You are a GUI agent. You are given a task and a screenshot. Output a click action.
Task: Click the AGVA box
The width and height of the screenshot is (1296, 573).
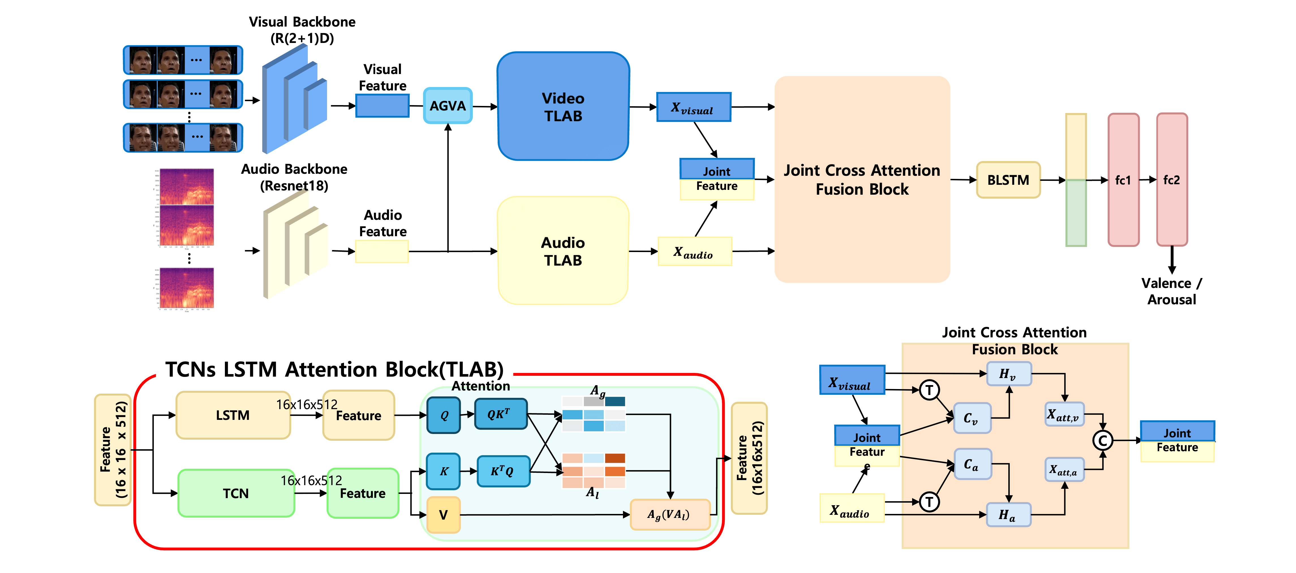(447, 106)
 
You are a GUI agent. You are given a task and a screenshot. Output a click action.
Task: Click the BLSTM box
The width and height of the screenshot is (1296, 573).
(1008, 180)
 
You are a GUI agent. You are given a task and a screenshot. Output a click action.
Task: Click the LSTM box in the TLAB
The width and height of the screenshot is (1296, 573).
(233, 415)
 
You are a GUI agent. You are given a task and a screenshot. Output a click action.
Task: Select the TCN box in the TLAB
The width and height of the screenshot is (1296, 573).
(235, 493)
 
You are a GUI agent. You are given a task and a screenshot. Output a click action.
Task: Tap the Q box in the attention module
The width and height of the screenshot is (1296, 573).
(443, 415)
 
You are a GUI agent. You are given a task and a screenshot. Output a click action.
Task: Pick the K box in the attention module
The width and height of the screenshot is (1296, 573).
(443, 471)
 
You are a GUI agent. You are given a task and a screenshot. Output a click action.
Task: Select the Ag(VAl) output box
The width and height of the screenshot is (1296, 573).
(669, 515)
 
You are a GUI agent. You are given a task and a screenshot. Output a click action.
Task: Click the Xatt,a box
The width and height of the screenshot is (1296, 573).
(1063, 470)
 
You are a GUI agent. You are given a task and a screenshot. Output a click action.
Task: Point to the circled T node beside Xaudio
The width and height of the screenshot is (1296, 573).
(929, 502)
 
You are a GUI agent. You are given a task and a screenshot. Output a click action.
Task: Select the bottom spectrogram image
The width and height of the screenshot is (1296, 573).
(186, 288)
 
